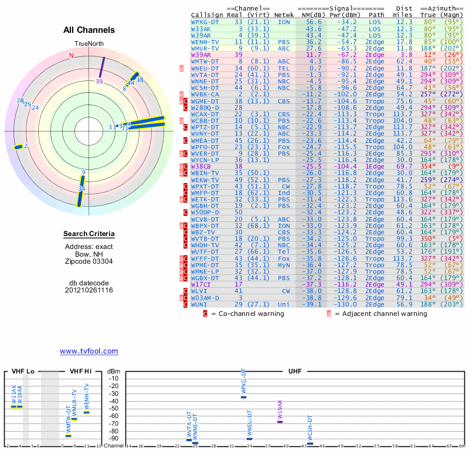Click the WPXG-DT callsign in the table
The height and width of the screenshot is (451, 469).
coord(205,21)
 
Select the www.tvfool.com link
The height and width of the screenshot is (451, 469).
coord(89,351)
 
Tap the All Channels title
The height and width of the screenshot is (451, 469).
coord(89,30)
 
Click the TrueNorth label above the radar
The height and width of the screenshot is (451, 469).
coord(89,45)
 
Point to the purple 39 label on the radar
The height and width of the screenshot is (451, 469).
coord(99,82)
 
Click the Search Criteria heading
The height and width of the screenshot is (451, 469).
coord(89,234)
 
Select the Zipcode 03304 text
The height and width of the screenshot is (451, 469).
coord(89,261)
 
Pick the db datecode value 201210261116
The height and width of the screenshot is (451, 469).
coord(89,290)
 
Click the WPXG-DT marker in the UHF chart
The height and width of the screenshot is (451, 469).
coord(244,397)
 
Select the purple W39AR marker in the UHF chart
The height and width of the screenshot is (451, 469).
coord(280,422)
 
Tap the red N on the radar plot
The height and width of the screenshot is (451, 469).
coord(72,55)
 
